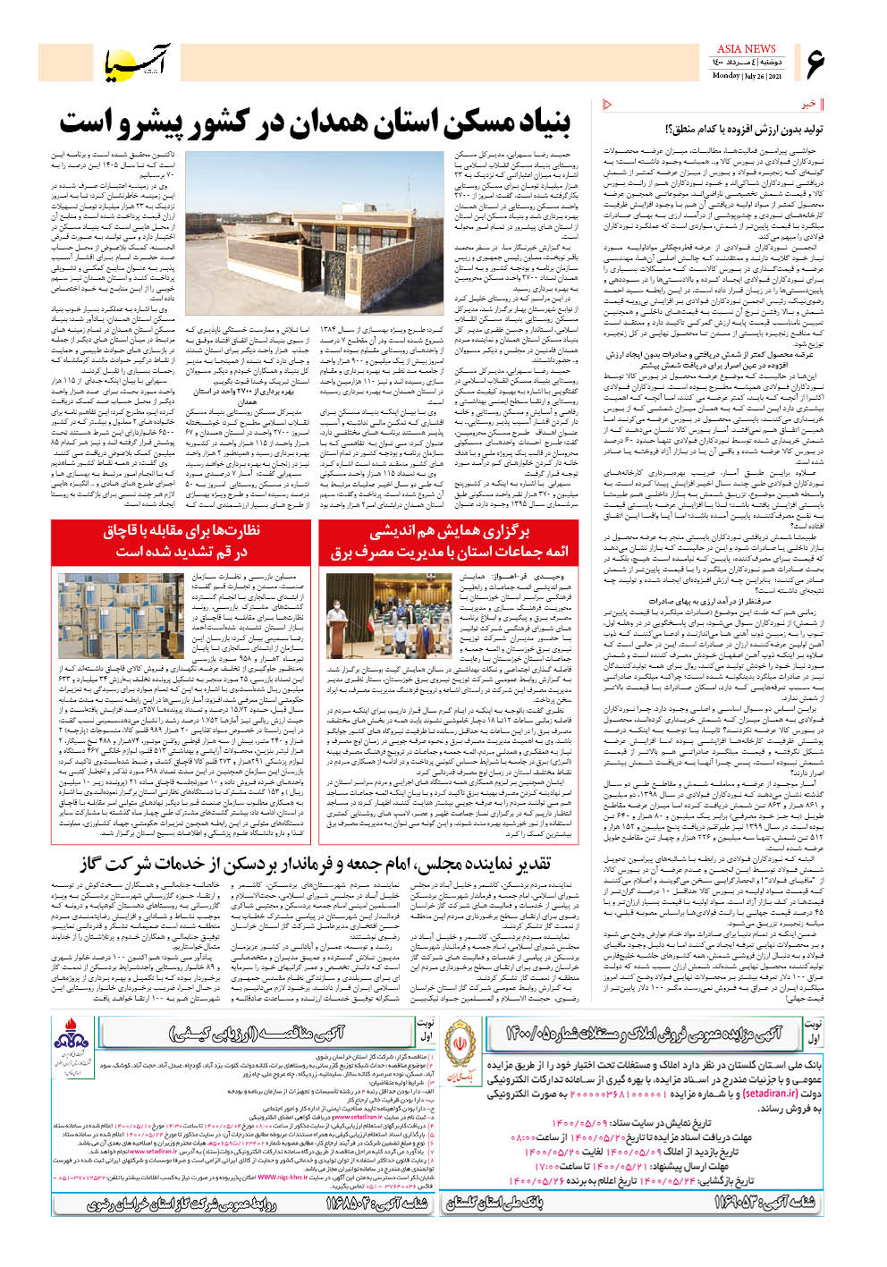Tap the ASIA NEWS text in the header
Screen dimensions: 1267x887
click(746, 49)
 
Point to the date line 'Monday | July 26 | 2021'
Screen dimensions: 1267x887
click(747, 76)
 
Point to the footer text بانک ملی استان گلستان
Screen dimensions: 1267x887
click(494, 1203)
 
